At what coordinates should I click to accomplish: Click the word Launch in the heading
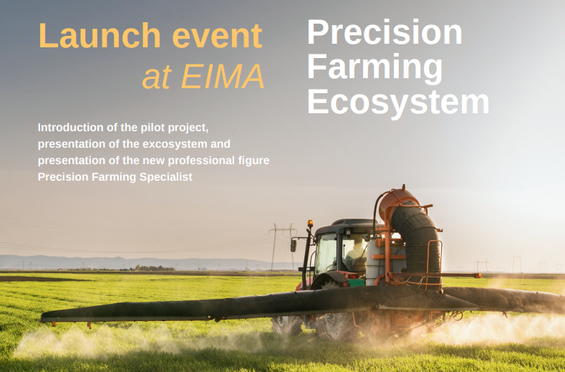[x=100, y=35]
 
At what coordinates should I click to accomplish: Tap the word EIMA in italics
[x=223, y=77]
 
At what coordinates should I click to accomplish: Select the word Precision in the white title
[x=385, y=32]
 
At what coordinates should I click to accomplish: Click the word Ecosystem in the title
[x=398, y=102]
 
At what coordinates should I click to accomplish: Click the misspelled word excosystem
[x=175, y=144]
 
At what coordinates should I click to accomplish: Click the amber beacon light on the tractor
[x=310, y=224]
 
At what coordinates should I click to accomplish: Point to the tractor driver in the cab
[x=356, y=254]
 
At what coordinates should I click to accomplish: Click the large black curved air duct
[x=418, y=242]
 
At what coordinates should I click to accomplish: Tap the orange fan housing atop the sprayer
[x=397, y=202]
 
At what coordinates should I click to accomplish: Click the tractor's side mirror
[x=294, y=246]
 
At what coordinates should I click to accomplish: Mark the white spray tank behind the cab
[x=375, y=262]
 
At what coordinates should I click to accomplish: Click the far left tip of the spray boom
[x=42, y=318]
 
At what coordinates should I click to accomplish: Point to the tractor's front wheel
[x=287, y=325]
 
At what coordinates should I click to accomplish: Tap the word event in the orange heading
[x=217, y=36]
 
